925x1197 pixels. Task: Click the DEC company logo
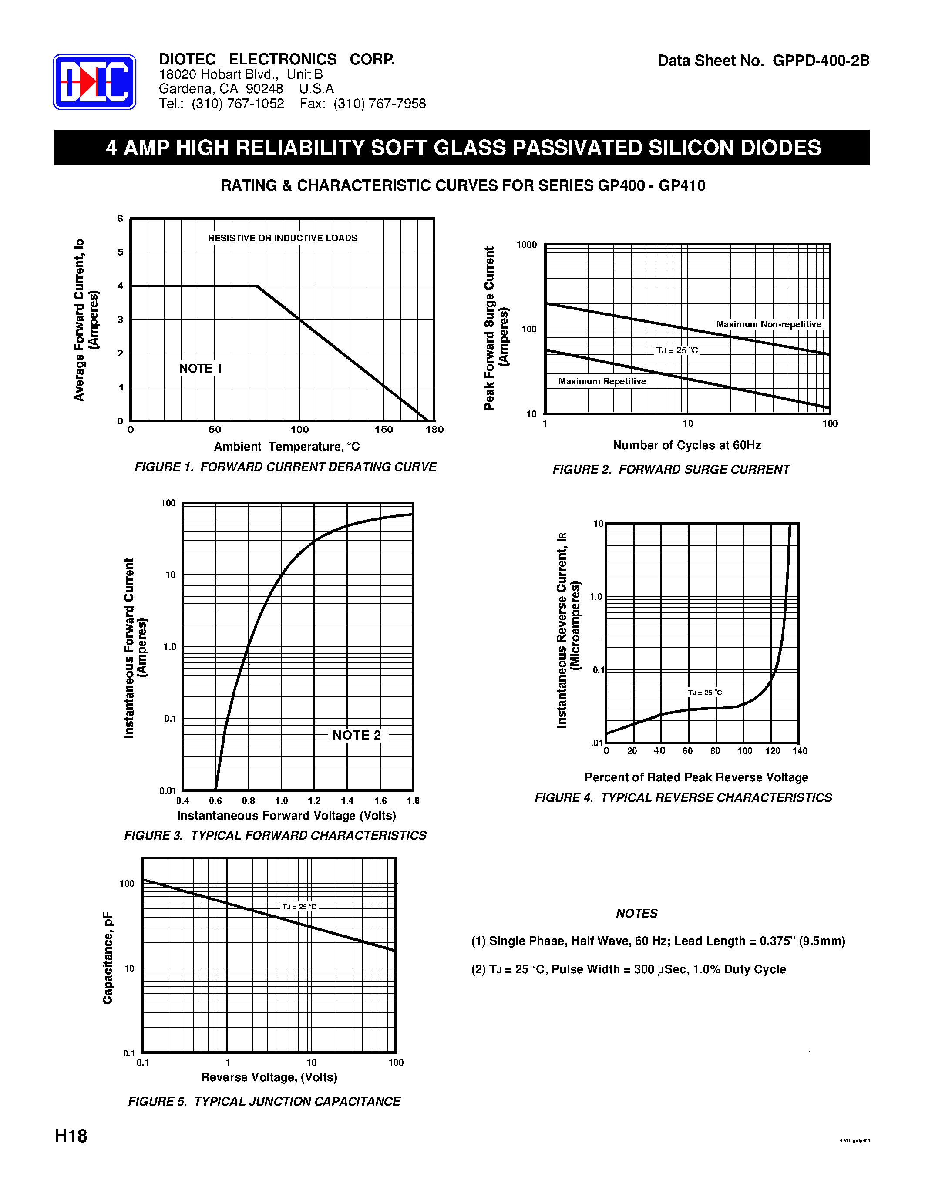click(x=94, y=82)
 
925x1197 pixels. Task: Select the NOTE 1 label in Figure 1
click(x=201, y=368)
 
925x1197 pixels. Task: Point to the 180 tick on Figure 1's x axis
click(x=434, y=430)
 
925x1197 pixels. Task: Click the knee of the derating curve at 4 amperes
click(x=256, y=286)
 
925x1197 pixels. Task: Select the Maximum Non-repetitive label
click(x=768, y=324)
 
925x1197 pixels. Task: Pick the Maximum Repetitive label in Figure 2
click(x=602, y=381)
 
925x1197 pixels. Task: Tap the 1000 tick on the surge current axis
click(x=527, y=245)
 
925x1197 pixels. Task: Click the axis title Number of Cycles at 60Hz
click(x=686, y=445)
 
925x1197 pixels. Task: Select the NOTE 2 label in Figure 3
click(x=356, y=735)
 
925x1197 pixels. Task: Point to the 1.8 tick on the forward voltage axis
click(x=413, y=801)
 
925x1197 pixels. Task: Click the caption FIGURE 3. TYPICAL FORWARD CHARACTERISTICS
click(x=275, y=835)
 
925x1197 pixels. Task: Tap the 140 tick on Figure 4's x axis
click(x=800, y=751)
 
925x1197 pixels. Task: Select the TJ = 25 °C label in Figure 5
click(x=299, y=907)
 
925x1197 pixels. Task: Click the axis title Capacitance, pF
click(x=108, y=958)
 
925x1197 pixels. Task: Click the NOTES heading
click(x=636, y=913)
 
